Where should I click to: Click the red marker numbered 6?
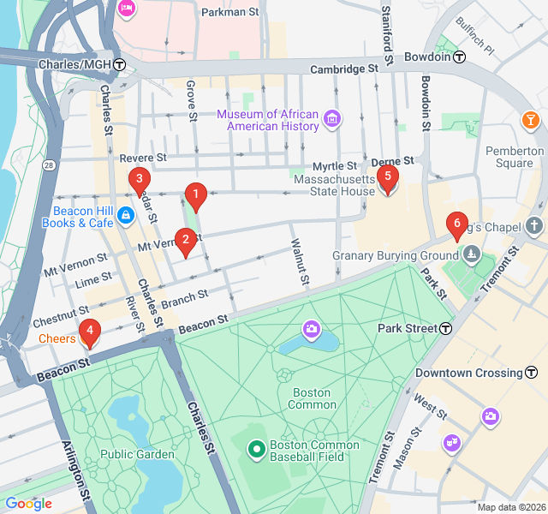tap(457, 225)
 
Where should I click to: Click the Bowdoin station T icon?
tap(460, 57)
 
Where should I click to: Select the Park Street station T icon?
tap(446, 329)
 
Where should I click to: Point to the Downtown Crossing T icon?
tap(532, 373)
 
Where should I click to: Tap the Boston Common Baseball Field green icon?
tap(256, 449)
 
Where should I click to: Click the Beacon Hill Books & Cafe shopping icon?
tap(126, 214)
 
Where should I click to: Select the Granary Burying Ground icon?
tap(471, 254)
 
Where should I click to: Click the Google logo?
tap(28, 504)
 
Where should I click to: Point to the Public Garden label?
tap(129, 454)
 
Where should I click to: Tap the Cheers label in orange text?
tap(57, 339)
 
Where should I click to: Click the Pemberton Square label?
tap(515, 157)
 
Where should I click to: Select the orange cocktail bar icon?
tap(531, 118)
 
